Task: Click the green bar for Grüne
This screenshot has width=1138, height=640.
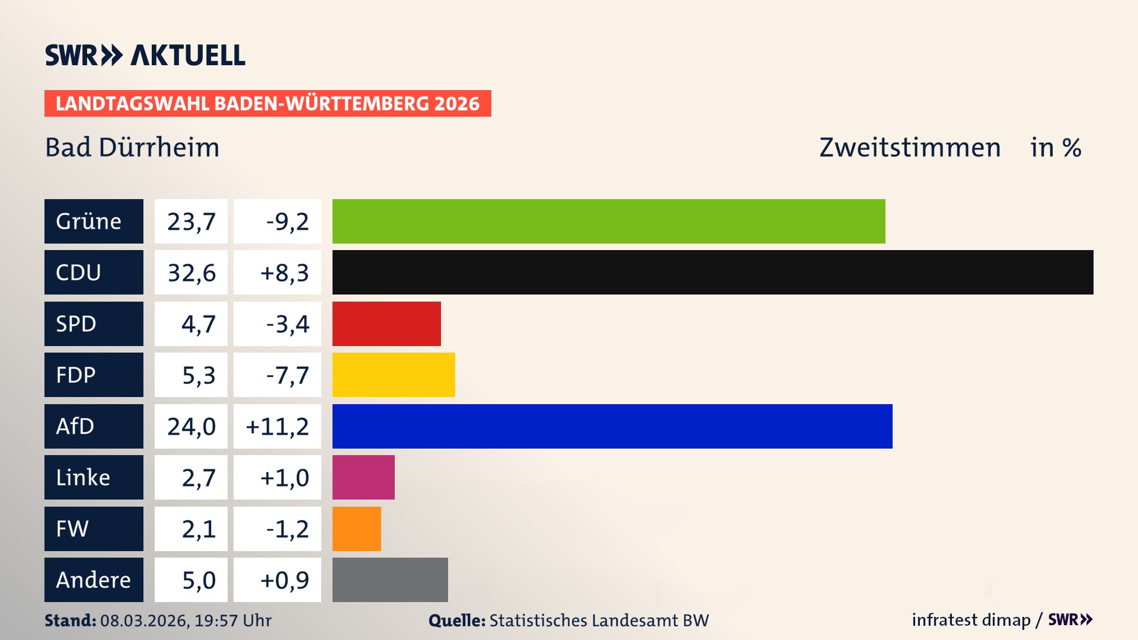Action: click(609, 221)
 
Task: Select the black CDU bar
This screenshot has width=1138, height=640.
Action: click(712, 273)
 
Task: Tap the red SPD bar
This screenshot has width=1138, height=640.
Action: click(386, 324)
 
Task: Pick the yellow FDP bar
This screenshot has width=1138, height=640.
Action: click(394, 375)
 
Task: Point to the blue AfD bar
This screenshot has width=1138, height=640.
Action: click(612, 426)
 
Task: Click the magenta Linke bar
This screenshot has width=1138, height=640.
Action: click(363, 478)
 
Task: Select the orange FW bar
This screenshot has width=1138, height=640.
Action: click(357, 529)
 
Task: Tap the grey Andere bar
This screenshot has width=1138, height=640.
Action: click(390, 580)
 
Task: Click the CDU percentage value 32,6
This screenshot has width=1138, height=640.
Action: click(191, 273)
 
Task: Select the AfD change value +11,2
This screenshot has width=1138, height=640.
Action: click(277, 426)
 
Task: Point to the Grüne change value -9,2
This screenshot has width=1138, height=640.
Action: click(287, 221)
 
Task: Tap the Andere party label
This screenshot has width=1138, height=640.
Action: click(94, 580)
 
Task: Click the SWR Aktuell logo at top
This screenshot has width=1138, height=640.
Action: click(145, 55)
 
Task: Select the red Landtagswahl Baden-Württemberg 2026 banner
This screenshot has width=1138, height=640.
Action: click(267, 103)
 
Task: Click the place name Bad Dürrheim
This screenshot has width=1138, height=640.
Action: click(132, 148)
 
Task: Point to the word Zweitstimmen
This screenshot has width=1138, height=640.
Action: click(910, 148)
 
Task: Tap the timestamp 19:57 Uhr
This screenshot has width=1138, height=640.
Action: click(233, 620)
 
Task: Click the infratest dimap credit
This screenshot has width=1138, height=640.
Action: click(971, 620)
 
